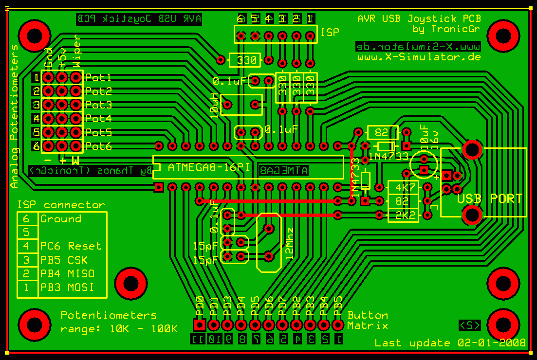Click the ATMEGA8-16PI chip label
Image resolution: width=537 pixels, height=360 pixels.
[209, 167]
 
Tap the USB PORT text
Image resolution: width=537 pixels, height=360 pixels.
[489, 198]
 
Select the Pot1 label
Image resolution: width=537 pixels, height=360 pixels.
[98, 77]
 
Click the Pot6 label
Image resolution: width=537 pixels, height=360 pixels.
[98, 146]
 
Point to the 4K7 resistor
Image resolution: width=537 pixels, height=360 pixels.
[402, 187]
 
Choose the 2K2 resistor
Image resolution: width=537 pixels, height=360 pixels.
[402, 215]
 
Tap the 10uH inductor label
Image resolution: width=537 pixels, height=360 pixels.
[215, 104]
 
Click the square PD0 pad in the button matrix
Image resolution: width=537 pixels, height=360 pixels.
[199, 324]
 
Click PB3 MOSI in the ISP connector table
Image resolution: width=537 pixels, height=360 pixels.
[67, 287]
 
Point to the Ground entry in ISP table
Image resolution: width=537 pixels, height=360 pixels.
[61, 219]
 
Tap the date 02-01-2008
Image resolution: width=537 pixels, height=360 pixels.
[492, 343]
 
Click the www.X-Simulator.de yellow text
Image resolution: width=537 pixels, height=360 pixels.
[419, 57]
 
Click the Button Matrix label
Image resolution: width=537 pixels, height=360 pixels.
[368, 320]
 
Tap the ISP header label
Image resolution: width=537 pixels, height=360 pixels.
[330, 32]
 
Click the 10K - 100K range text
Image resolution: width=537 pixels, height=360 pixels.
[144, 329]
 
